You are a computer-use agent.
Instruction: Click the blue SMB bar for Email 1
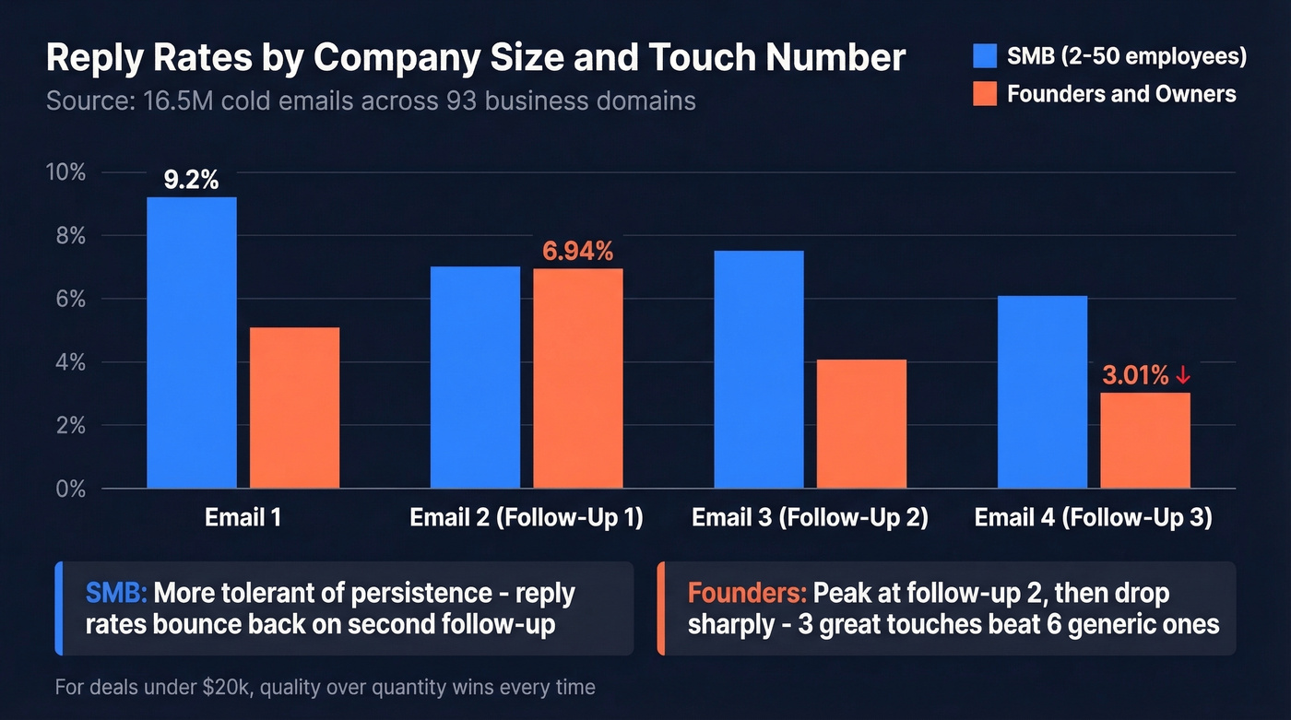pyautogui.click(x=192, y=343)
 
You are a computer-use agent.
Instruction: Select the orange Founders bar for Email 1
pyautogui.click(x=294, y=407)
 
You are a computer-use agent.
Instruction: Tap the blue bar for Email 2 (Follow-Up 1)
pyautogui.click(x=475, y=377)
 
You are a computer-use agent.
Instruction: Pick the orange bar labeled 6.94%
pyautogui.click(x=578, y=378)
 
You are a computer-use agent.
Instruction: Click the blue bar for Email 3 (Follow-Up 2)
pyautogui.click(x=759, y=369)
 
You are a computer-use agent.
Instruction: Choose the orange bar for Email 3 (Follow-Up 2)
pyautogui.click(x=861, y=423)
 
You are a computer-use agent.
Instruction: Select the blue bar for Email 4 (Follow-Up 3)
pyautogui.click(x=1042, y=392)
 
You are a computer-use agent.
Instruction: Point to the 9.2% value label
pyautogui.click(x=191, y=180)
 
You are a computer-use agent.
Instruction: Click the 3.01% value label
pyautogui.click(x=1135, y=375)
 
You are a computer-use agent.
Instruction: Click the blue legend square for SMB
pyautogui.click(x=985, y=56)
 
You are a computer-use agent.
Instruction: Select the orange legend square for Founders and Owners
pyautogui.click(x=985, y=94)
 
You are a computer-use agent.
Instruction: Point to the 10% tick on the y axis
pyautogui.click(x=65, y=172)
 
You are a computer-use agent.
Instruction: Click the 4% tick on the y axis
pyautogui.click(x=69, y=362)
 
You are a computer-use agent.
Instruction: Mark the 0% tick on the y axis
pyautogui.click(x=69, y=489)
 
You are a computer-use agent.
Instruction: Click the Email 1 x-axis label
pyautogui.click(x=243, y=517)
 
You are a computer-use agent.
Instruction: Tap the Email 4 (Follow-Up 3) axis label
pyautogui.click(x=1093, y=517)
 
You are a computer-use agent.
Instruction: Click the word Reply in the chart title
pyautogui.click(x=95, y=59)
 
